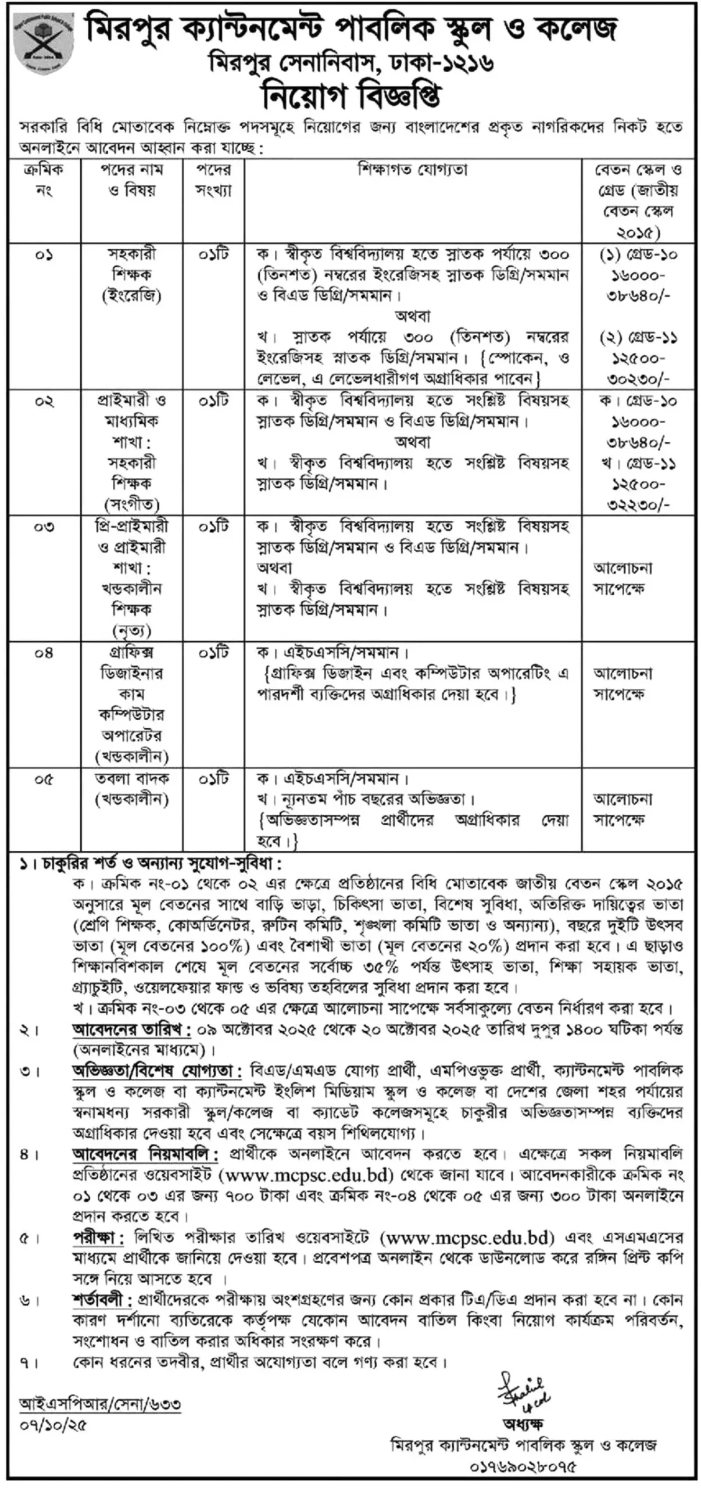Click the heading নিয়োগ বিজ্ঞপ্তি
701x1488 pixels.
pos(351,96)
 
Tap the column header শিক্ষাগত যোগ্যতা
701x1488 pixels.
pos(413,170)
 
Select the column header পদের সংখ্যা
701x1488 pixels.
pos(213,180)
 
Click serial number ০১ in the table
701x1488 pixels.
pos(44,255)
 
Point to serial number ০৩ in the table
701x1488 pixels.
pos(44,527)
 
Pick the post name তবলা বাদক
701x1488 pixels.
pos(132,779)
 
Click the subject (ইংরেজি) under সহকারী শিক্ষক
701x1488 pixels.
pos(132,296)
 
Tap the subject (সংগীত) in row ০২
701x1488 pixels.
pos(132,503)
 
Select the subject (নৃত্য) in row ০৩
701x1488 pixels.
pos(132,630)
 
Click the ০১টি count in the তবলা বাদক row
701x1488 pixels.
pos(213,779)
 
